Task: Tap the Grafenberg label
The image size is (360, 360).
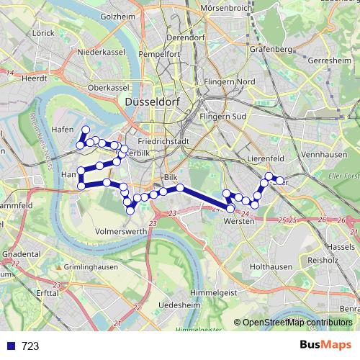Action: [x=271, y=50]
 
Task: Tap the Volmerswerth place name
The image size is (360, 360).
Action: [x=121, y=231]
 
